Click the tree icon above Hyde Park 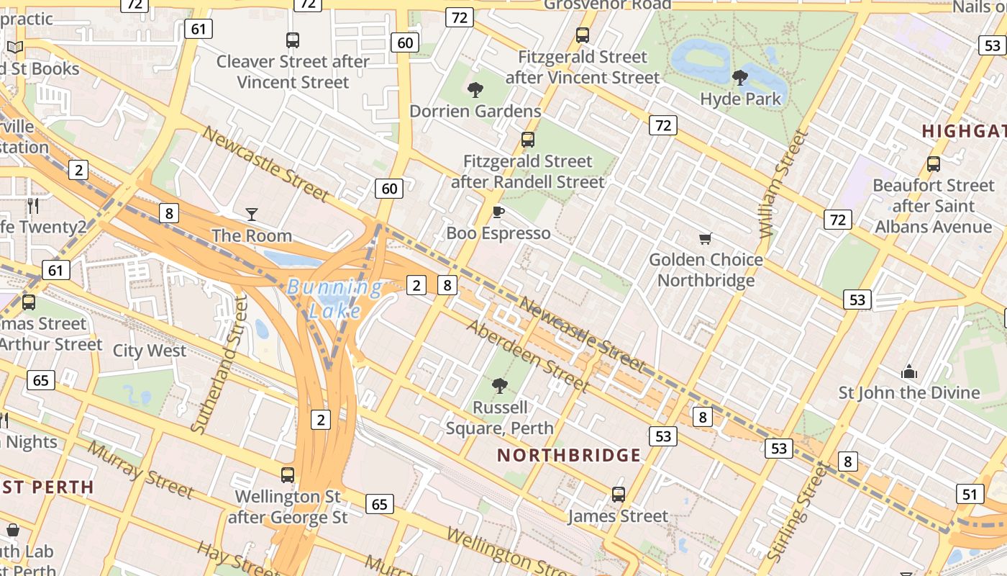(739, 77)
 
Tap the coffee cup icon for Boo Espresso (498, 212)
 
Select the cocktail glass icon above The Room (252, 214)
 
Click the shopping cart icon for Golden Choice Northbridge (706, 238)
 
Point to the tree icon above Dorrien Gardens (475, 90)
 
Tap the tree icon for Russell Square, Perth (500, 387)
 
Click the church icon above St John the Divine (909, 372)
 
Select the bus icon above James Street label (618, 495)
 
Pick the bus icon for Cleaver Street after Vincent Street (292, 40)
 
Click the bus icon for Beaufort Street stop (933, 164)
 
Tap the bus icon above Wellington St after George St (288, 475)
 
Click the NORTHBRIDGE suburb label (569, 455)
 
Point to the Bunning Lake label (335, 299)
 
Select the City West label (150, 351)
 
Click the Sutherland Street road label (219, 364)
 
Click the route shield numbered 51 (970, 494)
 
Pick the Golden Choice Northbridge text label (706, 269)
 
